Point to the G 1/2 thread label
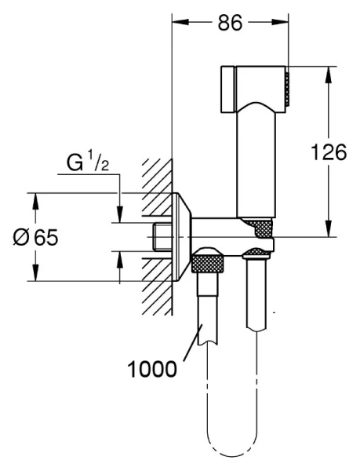(85, 166)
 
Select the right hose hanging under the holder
(256, 298)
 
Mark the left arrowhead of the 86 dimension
(176, 23)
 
